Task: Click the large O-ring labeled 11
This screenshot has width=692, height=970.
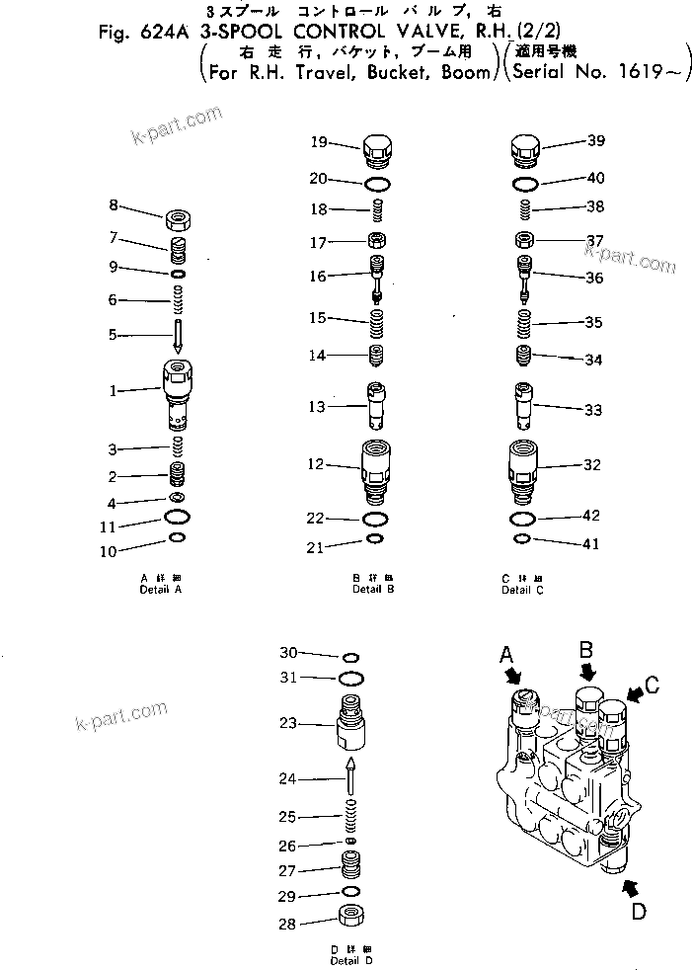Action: [x=178, y=518]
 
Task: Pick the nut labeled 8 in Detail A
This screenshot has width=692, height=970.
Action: [x=179, y=216]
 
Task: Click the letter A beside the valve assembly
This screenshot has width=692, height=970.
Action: [x=507, y=654]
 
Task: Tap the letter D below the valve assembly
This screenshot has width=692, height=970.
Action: [x=639, y=912]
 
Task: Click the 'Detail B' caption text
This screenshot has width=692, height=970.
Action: [x=373, y=590]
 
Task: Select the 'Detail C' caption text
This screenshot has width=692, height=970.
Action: [x=522, y=590]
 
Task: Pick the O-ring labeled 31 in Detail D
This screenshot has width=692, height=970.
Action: [x=349, y=678]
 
